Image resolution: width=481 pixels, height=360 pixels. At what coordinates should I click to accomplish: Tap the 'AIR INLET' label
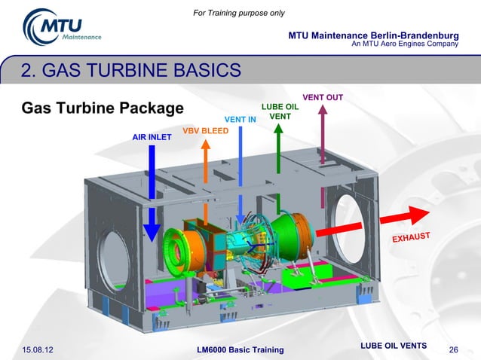coord(152,138)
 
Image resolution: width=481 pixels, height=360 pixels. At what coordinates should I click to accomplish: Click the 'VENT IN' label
coord(240,119)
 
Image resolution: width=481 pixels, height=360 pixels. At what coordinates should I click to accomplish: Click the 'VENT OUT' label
coord(323,97)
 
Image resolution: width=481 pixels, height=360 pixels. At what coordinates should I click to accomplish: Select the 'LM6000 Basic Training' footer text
coord(240,349)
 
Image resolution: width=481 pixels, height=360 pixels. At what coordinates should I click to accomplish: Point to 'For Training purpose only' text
coord(239,13)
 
